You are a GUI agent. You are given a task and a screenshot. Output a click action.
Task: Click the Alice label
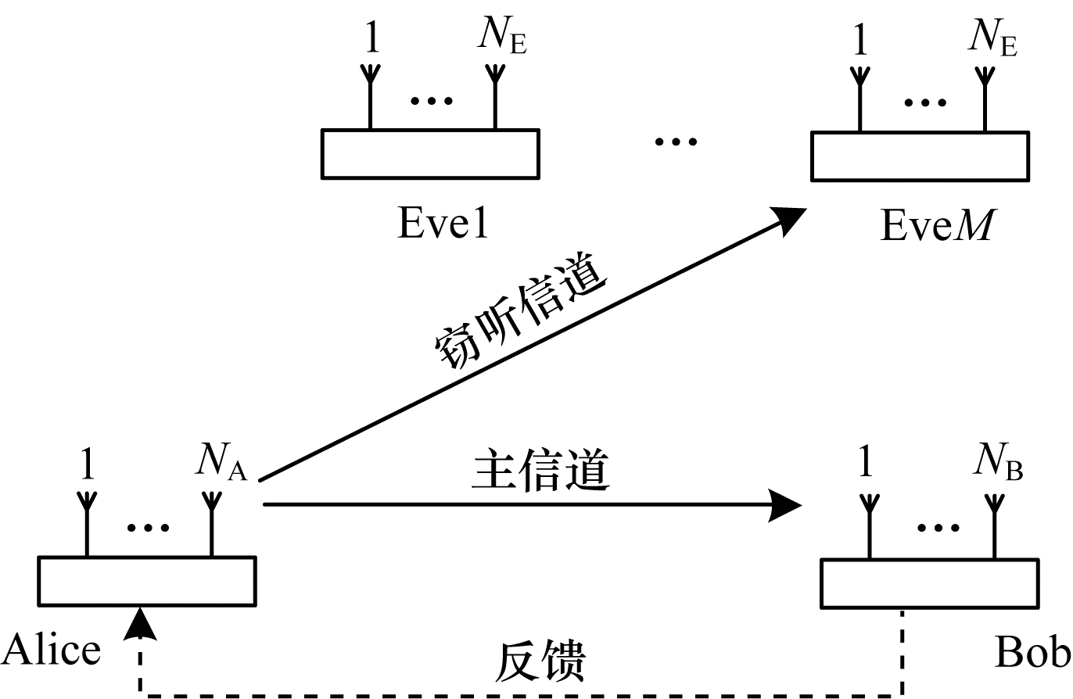click(x=52, y=651)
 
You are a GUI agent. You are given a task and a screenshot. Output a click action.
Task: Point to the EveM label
click(x=937, y=227)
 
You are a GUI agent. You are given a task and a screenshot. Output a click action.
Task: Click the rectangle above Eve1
click(x=430, y=154)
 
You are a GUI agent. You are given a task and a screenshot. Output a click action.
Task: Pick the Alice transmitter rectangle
click(x=147, y=581)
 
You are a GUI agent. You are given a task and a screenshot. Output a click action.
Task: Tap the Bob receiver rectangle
click(x=930, y=583)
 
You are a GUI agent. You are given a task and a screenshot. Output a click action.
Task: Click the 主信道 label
click(x=540, y=471)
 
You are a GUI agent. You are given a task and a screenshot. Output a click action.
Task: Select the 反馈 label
click(x=540, y=663)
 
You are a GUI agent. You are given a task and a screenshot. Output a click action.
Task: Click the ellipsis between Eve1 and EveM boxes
click(x=675, y=142)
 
